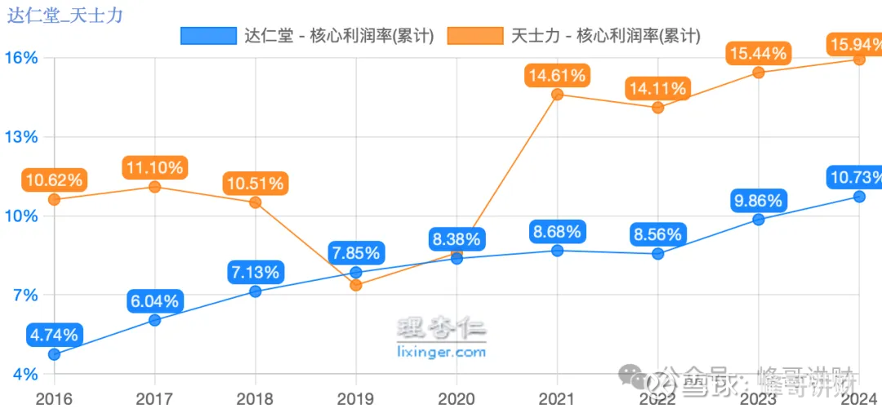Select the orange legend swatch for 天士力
point(474,36)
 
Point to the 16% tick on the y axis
point(21,58)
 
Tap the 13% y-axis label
point(21,136)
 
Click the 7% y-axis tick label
point(24,295)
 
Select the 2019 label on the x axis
point(355,399)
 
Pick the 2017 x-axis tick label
point(154,399)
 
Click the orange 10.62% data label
point(53,180)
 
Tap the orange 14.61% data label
point(556,76)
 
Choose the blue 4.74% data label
point(54,335)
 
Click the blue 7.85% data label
point(355,253)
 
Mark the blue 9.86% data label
point(757,201)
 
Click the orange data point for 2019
point(355,285)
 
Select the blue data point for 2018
point(255,291)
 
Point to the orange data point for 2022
point(657,108)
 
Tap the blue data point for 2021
point(557,251)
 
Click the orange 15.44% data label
point(757,54)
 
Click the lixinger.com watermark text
point(441,353)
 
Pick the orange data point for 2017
point(154,187)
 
